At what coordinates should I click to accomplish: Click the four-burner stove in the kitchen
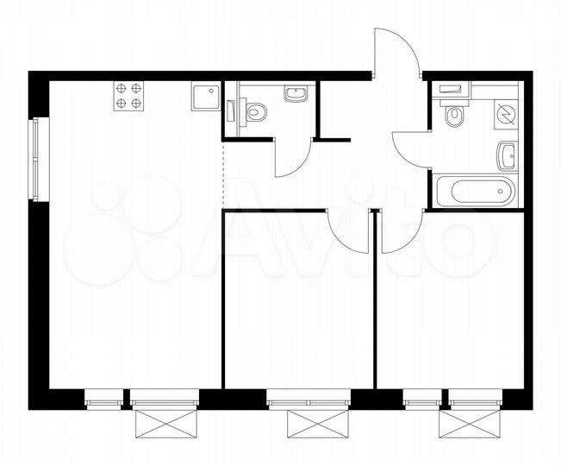[x=130, y=96]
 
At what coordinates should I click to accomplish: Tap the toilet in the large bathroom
[x=455, y=113]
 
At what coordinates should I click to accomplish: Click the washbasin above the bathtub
[x=507, y=156]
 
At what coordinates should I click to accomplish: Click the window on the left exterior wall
[x=35, y=160]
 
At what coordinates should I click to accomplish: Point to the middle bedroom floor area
[x=298, y=302]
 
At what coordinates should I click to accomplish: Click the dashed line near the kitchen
[x=223, y=173]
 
